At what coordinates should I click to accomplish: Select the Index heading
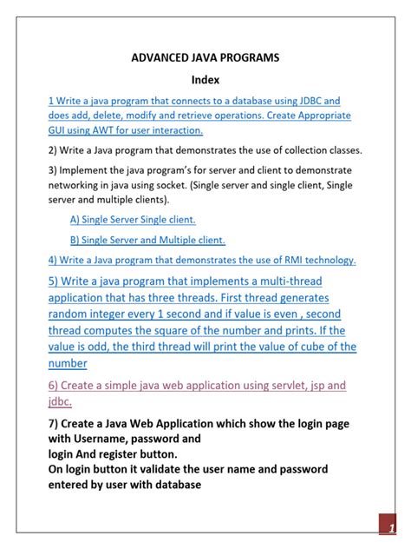pos(205,79)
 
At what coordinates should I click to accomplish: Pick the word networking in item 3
pos(79,185)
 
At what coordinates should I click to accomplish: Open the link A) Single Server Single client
pos(133,219)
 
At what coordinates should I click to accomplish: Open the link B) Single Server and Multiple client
pos(147,240)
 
